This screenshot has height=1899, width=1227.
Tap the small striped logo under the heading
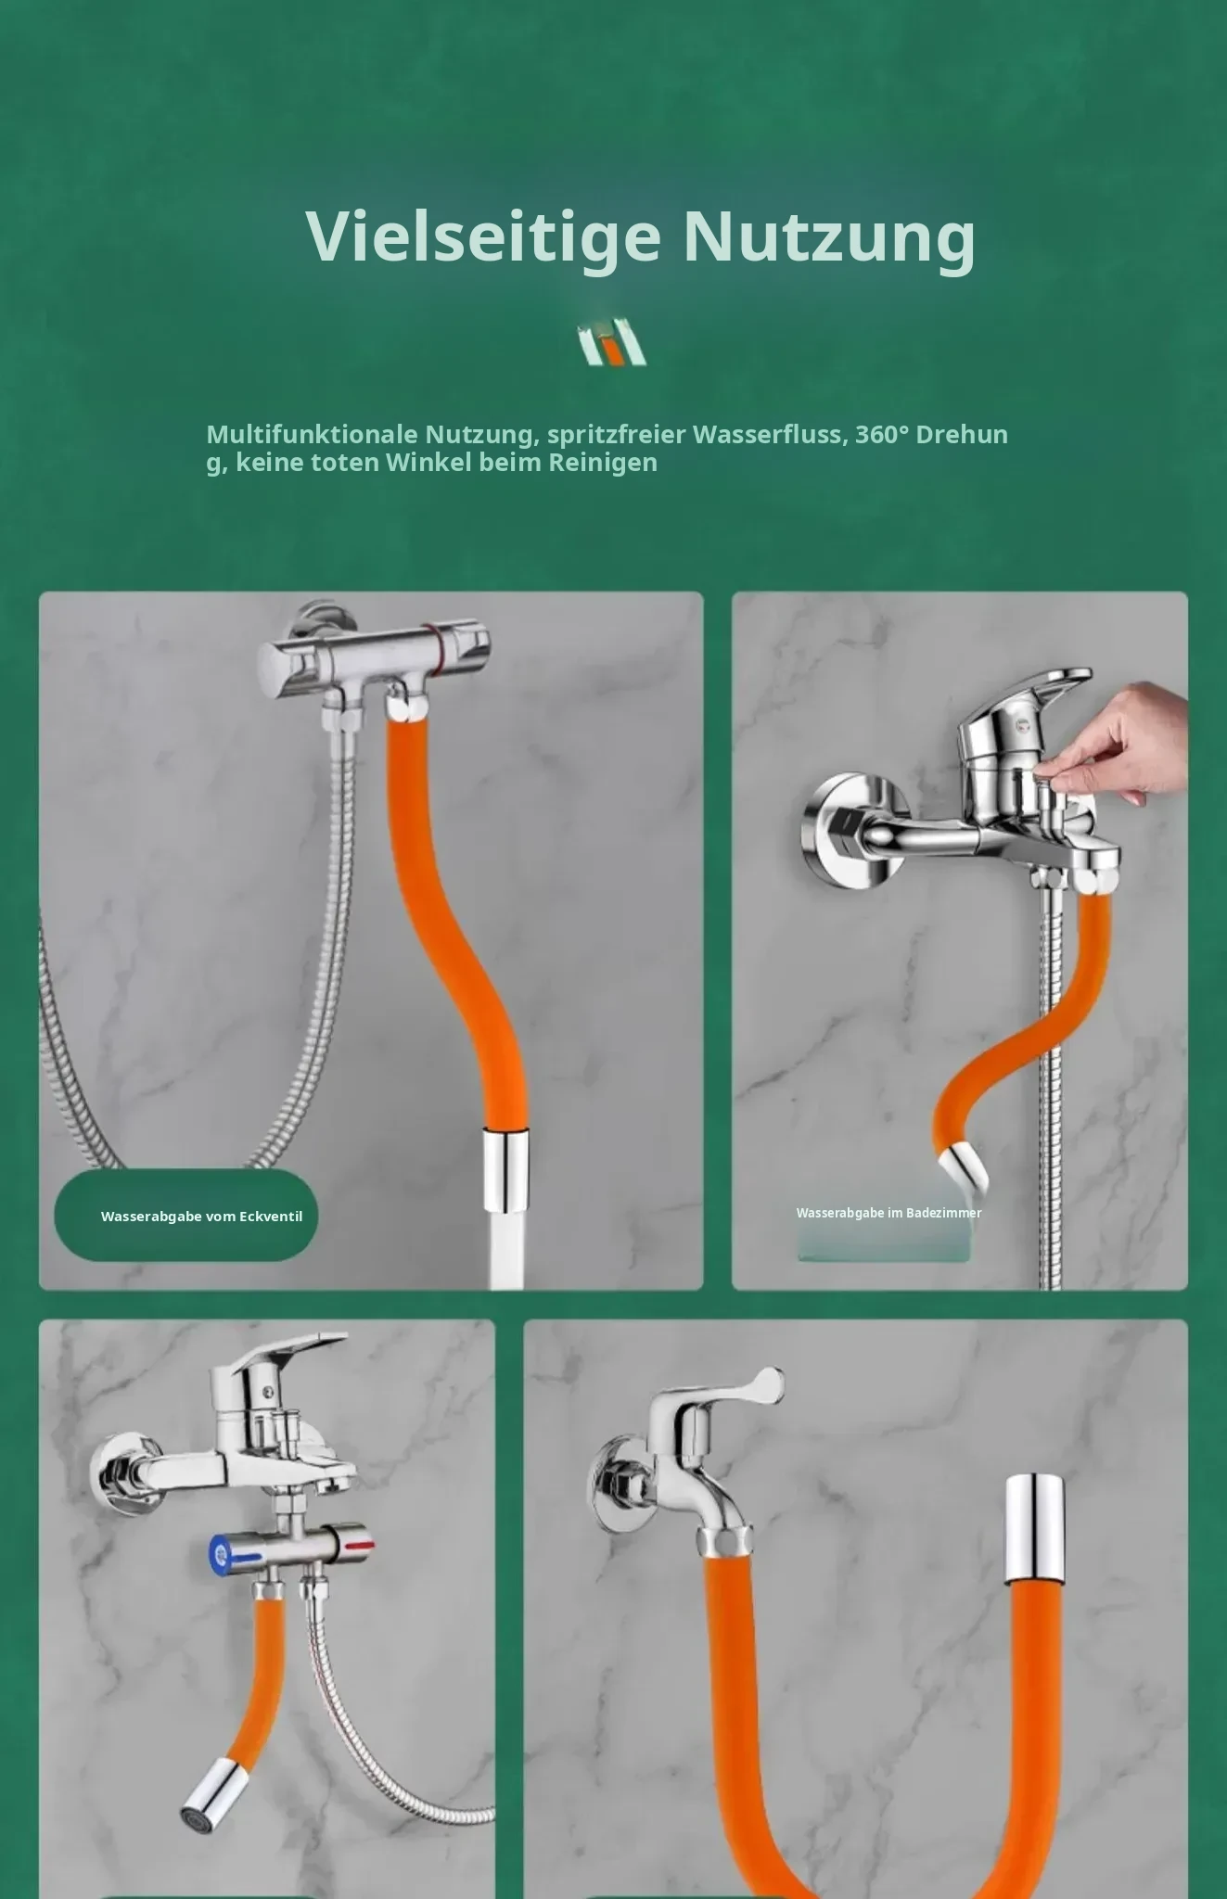pos(612,342)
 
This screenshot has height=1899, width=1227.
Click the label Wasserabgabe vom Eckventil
pos(201,1217)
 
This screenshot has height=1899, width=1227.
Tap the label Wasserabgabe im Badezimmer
pos(888,1213)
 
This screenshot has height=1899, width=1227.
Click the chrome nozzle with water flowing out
pos(505,1169)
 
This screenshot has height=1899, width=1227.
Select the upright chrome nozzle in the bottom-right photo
pos(1036,1526)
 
